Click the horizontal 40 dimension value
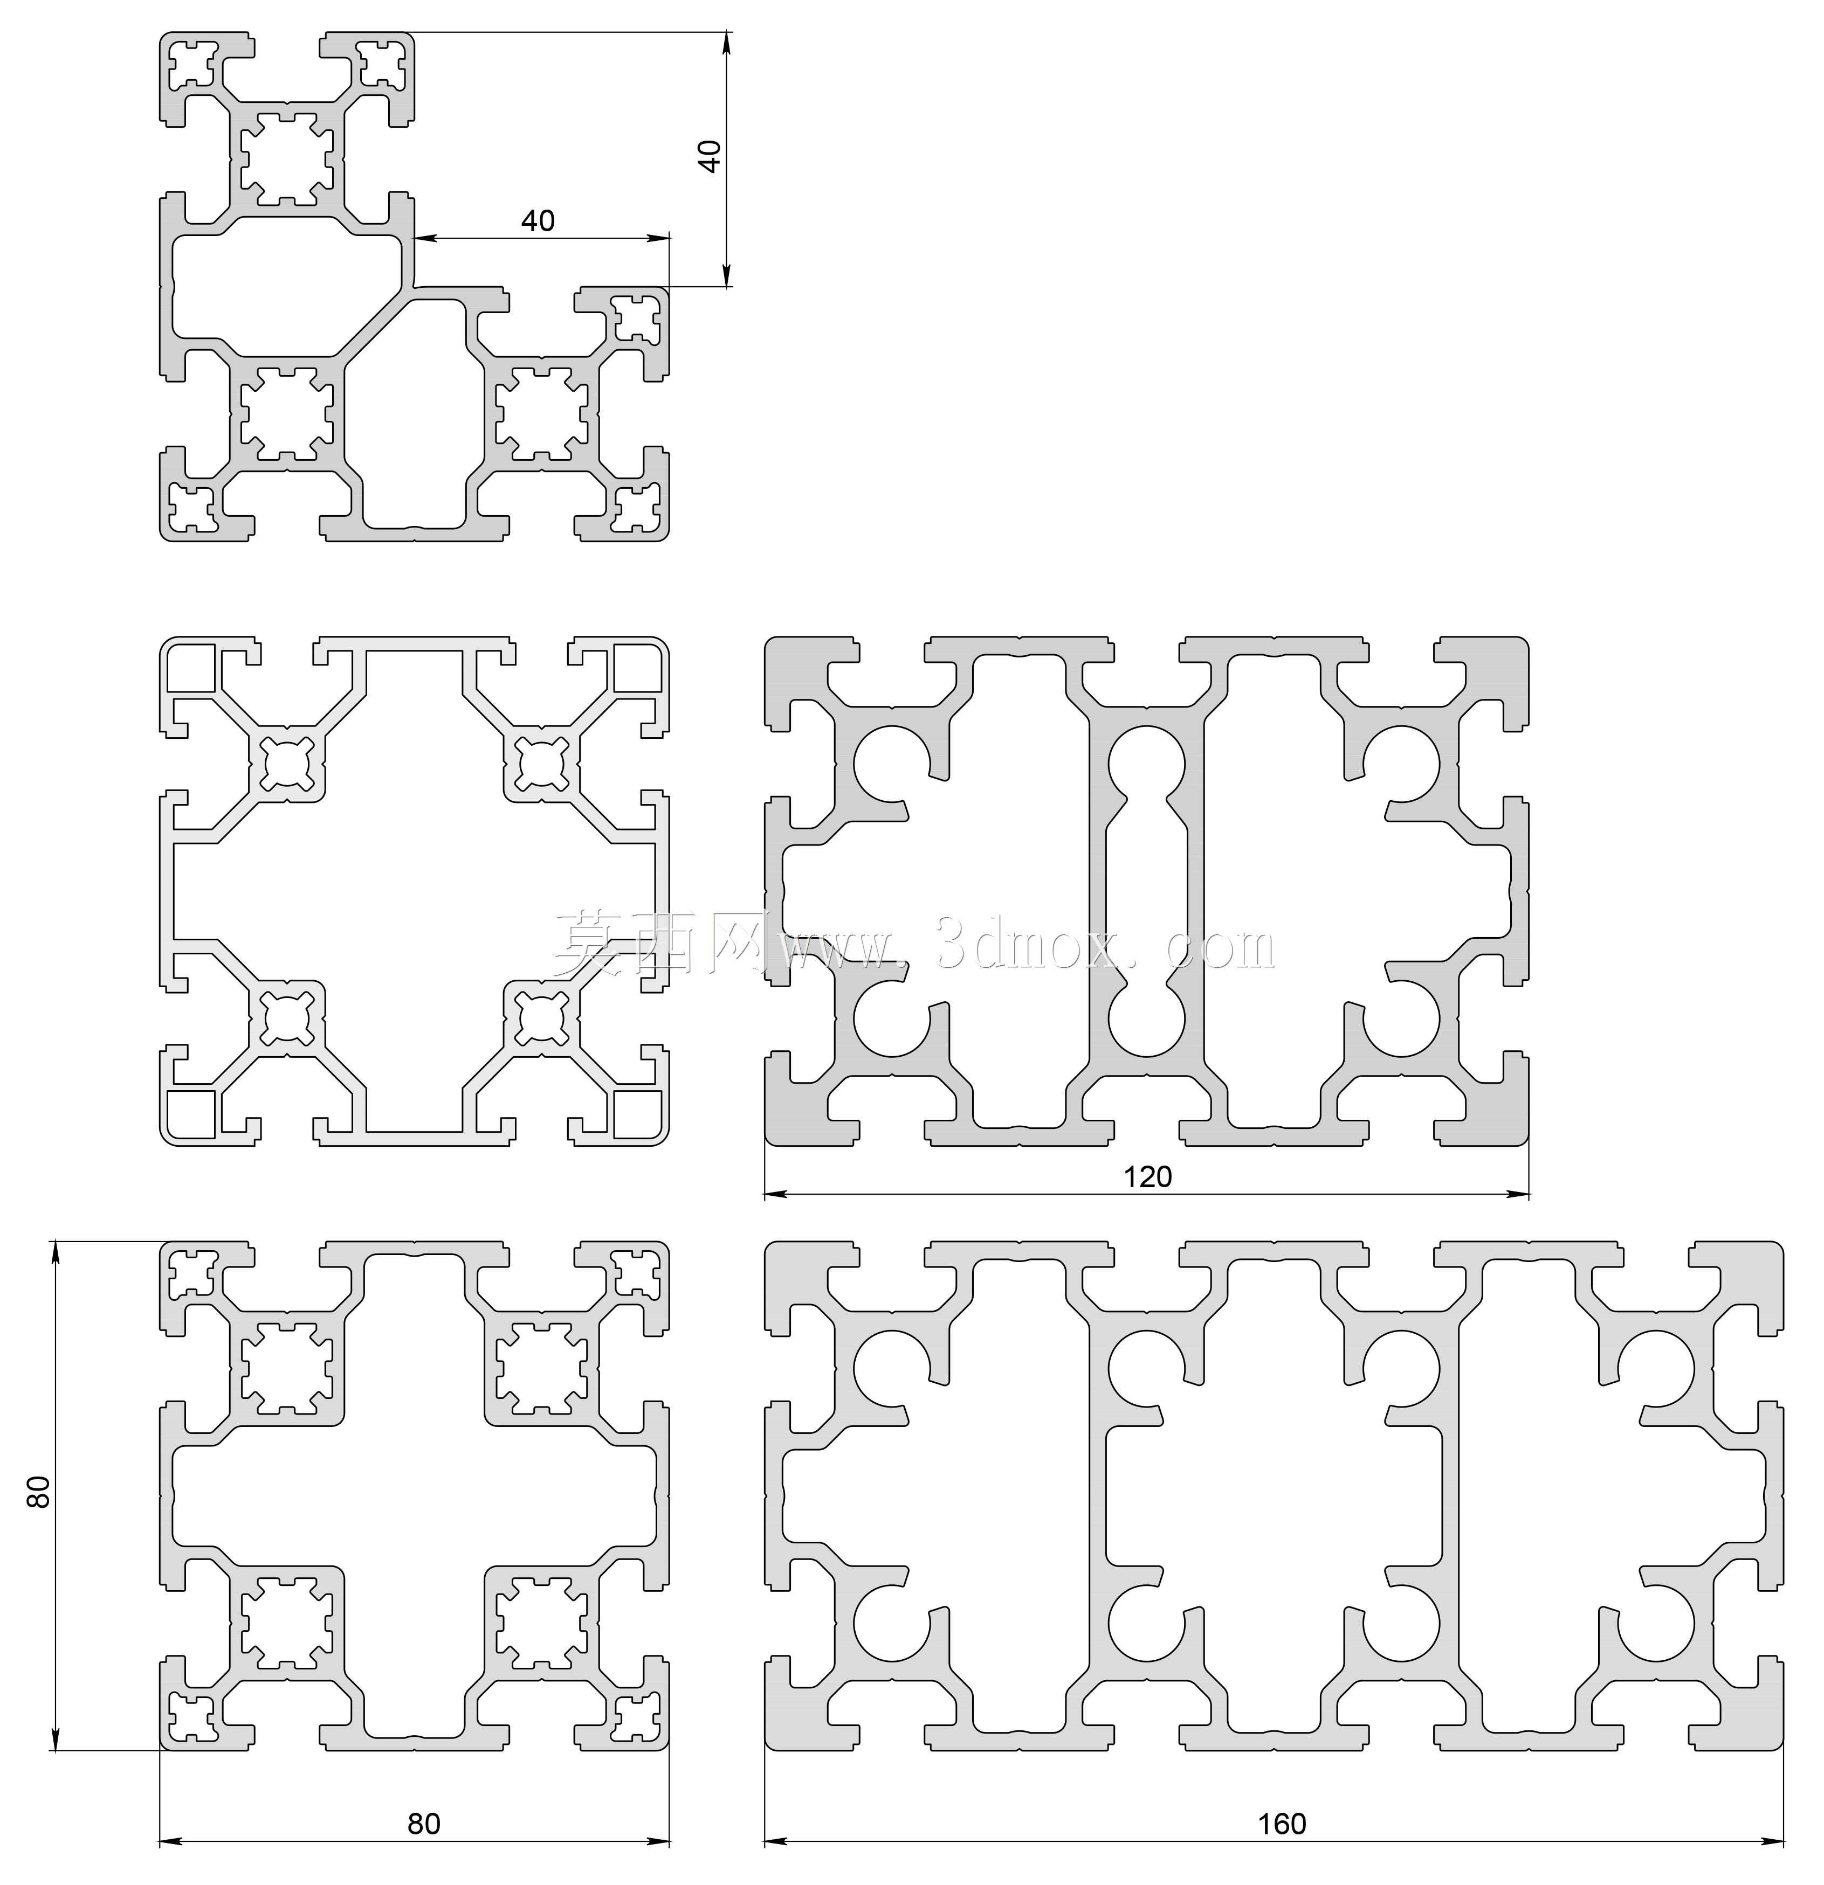(538, 221)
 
